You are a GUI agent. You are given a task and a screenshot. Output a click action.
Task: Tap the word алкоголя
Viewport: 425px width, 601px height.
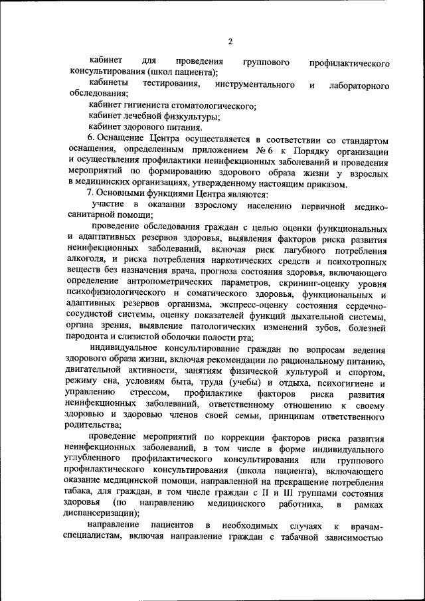click(84, 261)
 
